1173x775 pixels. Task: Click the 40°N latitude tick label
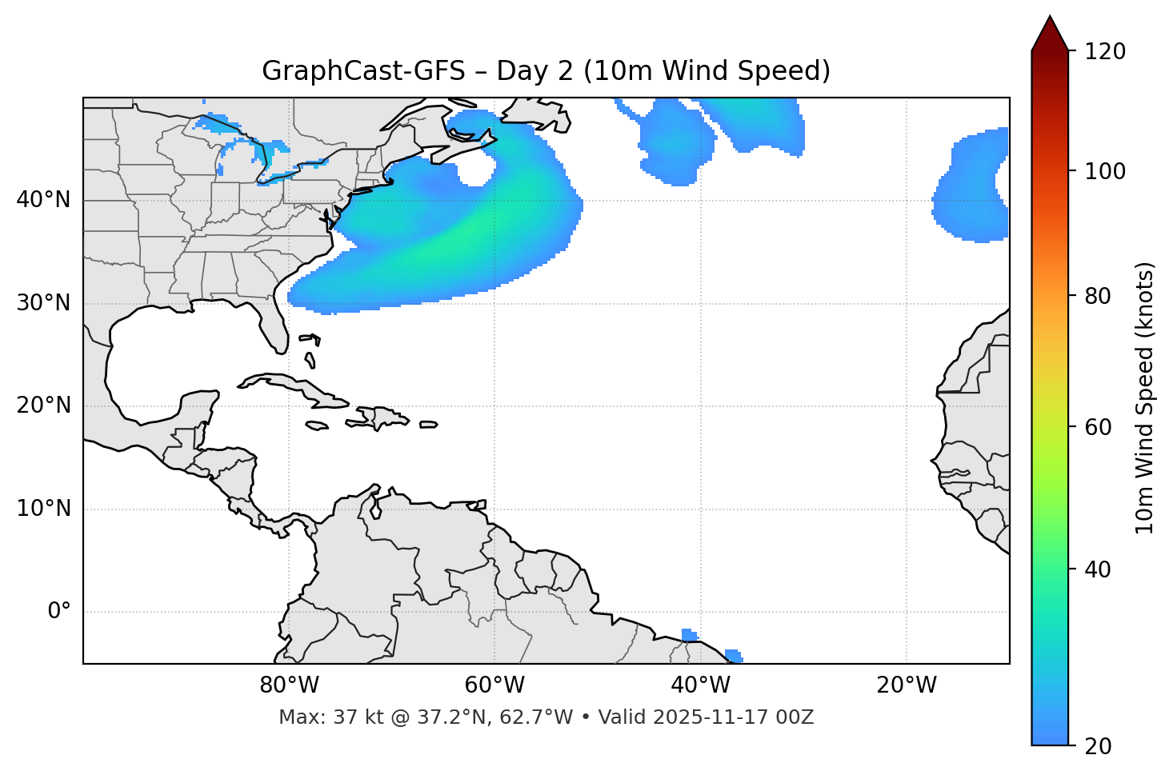coord(43,200)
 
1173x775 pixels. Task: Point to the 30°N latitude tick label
coord(43,303)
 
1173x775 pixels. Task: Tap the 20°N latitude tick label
coord(43,405)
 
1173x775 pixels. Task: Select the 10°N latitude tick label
coord(43,509)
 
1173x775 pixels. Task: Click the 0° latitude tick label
coord(59,612)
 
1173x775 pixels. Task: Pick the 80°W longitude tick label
coord(289,685)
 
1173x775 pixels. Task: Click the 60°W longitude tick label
coord(494,685)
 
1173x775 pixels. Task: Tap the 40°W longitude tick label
coord(700,685)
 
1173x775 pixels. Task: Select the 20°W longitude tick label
coord(906,685)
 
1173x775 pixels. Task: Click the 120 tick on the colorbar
coord(1105,52)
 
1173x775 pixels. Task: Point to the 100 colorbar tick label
coord(1105,171)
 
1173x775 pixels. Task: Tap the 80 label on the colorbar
coord(1098,296)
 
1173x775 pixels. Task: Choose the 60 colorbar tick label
coord(1098,427)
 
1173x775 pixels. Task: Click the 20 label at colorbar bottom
coord(1098,746)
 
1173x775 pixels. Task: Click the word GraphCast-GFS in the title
coord(363,71)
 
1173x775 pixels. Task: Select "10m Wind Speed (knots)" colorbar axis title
coord(1145,397)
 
